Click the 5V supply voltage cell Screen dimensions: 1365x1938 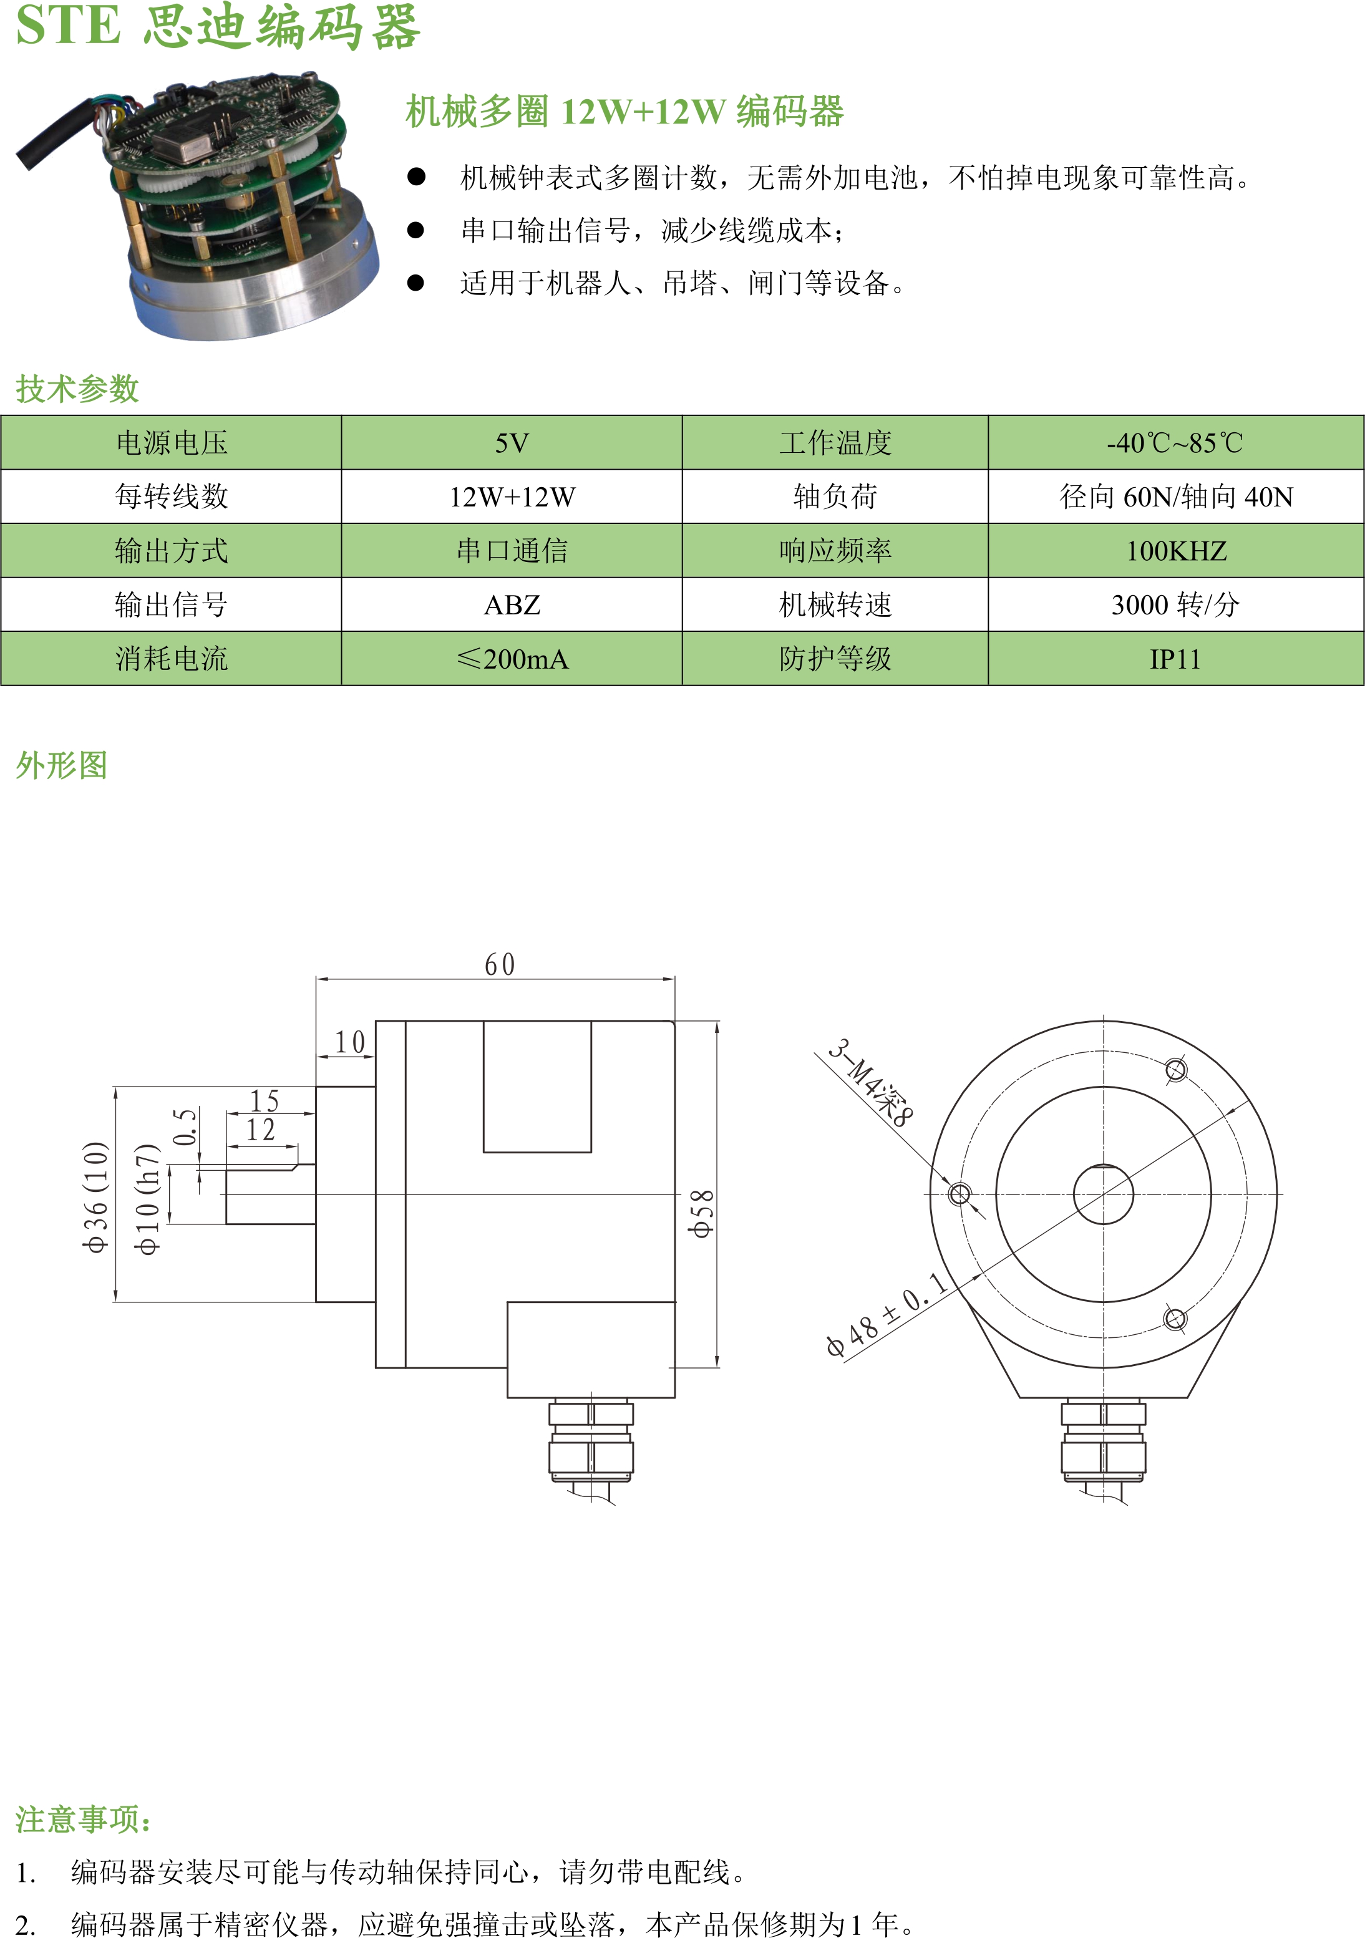point(512,443)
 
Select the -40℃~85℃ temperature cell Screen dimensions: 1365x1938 point(1175,443)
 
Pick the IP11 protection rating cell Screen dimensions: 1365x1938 point(1175,659)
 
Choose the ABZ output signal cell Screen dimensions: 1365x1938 point(512,605)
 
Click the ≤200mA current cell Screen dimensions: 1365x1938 point(512,659)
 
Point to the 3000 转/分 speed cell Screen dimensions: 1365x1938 point(1175,605)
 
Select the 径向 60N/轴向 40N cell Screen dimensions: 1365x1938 point(1175,497)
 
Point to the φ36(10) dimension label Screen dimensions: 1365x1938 point(95,1196)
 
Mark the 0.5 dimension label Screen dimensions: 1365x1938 point(185,1127)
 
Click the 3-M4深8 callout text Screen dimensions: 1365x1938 point(870,1083)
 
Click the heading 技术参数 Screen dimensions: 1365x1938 point(77,389)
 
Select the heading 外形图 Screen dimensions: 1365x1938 point(62,765)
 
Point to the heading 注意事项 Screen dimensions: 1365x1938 point(84,1819)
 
